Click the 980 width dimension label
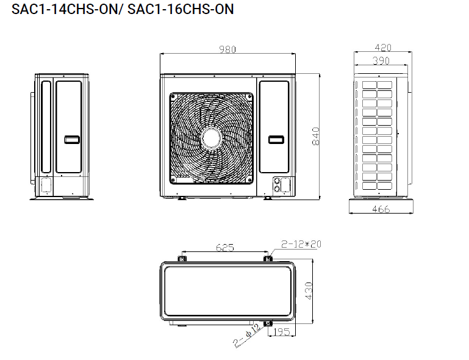point(227,49)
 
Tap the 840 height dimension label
point(316,137)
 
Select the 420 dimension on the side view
point(383,48)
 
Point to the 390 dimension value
point(381,61)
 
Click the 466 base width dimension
point(381,209)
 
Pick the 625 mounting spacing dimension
point(225,248)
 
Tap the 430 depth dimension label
point(309,290)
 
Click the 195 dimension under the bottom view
point(282,331)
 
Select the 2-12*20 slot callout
point(301,244)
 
